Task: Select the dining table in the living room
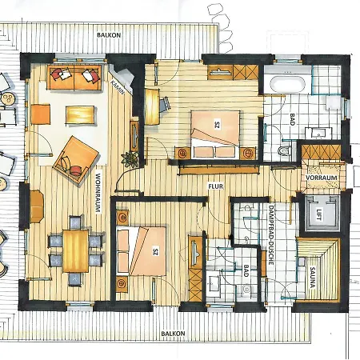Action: pos(75,250)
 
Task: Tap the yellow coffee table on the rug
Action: pos(78,114)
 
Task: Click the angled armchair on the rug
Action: pos(74,158)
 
